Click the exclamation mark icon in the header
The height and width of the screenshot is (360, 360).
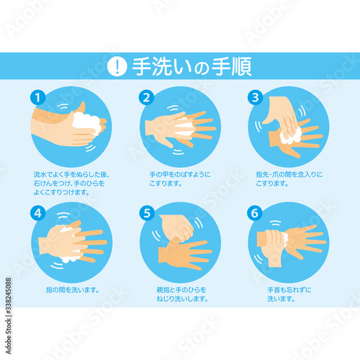(x=117, y=66)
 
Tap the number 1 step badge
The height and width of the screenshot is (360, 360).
(x=37, y=97)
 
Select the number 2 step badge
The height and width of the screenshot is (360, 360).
(x=146, y=97)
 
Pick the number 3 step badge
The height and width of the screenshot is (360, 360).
(x=255, y=97)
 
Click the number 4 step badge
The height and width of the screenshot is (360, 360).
(x=37, y=213)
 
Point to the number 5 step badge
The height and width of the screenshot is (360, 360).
(x=147, y=213)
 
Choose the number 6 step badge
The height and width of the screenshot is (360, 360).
(x=255, y=213)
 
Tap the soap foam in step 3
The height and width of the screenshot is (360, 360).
(x=290, y=136)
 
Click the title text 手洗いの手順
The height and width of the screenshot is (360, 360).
(x=192, y=66)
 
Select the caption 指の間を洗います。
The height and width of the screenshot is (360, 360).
(x=73, y=290)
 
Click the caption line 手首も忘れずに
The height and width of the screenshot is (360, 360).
(x=289, y=290)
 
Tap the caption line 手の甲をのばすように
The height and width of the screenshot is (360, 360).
(x=180, y=174)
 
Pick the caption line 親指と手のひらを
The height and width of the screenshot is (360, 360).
(x=181, y=290)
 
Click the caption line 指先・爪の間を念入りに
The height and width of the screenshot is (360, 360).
(x=289, y=174)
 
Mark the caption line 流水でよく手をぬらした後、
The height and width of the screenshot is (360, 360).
(x=71, y=174)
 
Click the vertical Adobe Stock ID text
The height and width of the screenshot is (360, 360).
(x=9, y=316)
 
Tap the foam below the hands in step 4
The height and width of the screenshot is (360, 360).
(x=70, y=258)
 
